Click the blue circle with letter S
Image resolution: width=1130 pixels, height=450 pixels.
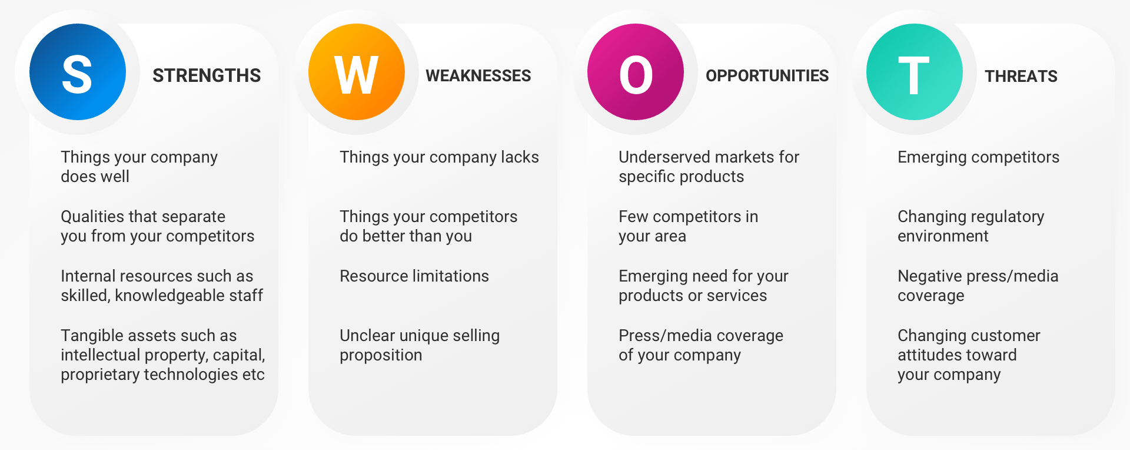tap(78, 72)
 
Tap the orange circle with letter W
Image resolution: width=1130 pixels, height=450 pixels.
tap(357, 72)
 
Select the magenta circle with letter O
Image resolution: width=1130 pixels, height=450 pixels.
tap(636, 72)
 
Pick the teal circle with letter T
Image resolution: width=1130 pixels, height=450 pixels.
tap(915, 72)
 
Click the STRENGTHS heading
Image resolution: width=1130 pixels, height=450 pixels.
tap(207, 76)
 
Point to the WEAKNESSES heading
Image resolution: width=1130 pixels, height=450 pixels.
tap(478, 76)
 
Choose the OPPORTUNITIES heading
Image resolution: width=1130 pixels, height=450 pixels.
tap(767, 76)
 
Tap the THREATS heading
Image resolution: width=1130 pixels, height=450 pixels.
tap(1021, 77)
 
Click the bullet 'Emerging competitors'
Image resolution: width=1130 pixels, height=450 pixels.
tap(978, 157)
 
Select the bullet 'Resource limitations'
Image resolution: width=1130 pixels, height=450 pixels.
tap(414, 276)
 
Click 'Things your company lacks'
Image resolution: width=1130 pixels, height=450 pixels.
tap(439, 157)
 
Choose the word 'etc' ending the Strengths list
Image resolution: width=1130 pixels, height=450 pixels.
tap(254, 375)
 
